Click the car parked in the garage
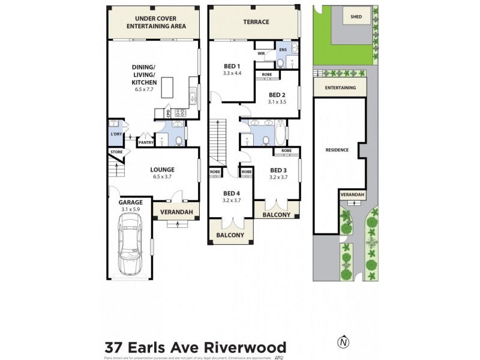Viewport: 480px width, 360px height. click(131, 245)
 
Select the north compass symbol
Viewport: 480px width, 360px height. click(343, 341)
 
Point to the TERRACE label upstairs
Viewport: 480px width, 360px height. click(256, 22)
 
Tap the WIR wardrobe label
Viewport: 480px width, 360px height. click(261, 52)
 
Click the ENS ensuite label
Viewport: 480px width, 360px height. click(281, 50)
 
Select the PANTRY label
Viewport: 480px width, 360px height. click(146, 142)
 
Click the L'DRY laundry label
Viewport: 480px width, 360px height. click(116, 134)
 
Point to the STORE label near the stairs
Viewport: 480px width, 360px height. click(116, 152)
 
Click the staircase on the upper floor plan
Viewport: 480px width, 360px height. click(217, 142)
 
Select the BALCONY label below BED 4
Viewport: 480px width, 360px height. click(226, 235)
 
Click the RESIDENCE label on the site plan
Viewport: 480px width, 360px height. click(337, 150)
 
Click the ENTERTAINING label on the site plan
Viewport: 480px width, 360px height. click(340, 88)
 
